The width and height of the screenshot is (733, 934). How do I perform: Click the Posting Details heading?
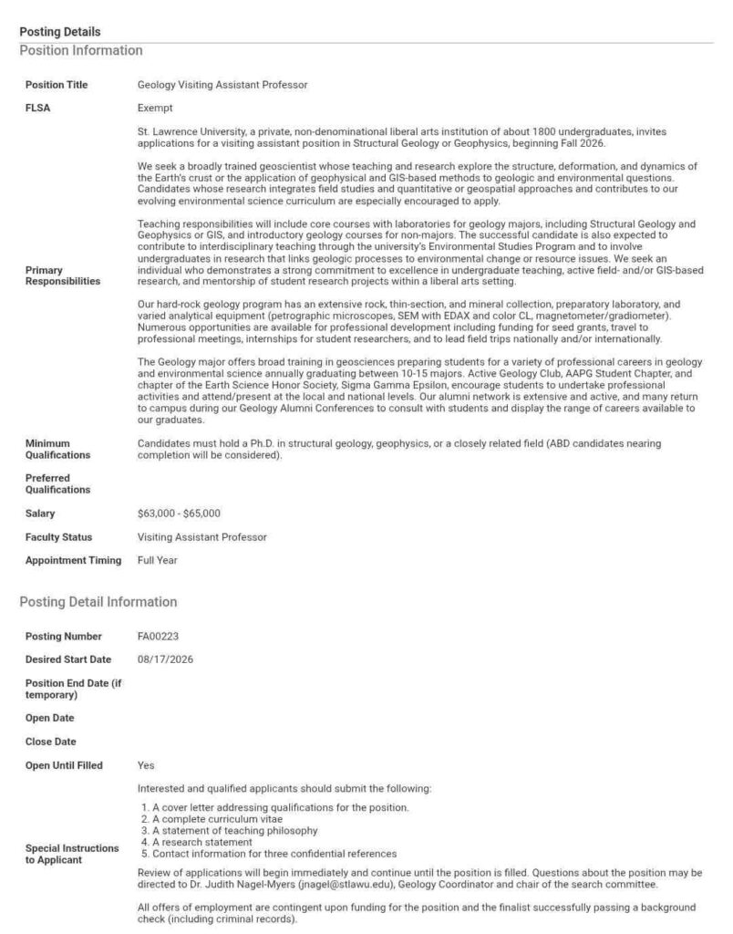point(60,32)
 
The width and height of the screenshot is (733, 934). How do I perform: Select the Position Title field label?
point(57,85)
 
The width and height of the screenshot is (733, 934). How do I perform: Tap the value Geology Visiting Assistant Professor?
point(222,85)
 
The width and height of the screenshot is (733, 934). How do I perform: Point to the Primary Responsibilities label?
point(63,275)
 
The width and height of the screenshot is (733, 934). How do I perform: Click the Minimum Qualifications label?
point(58,449)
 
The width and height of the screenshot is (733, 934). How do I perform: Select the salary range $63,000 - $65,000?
point(179,514)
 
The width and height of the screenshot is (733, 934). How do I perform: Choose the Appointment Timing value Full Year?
point(158,560)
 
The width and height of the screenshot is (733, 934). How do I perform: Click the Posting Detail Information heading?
point(98,602)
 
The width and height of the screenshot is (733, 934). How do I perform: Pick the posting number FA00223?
point(158,635)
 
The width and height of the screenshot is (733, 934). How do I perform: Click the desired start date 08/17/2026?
point(165,659)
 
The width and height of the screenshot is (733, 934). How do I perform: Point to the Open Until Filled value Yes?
point(146,765)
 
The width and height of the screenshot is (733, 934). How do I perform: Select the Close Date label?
point(51,742)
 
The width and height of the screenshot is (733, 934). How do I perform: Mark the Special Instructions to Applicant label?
point(72,854)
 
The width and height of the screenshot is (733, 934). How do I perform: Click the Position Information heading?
point(81,50)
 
